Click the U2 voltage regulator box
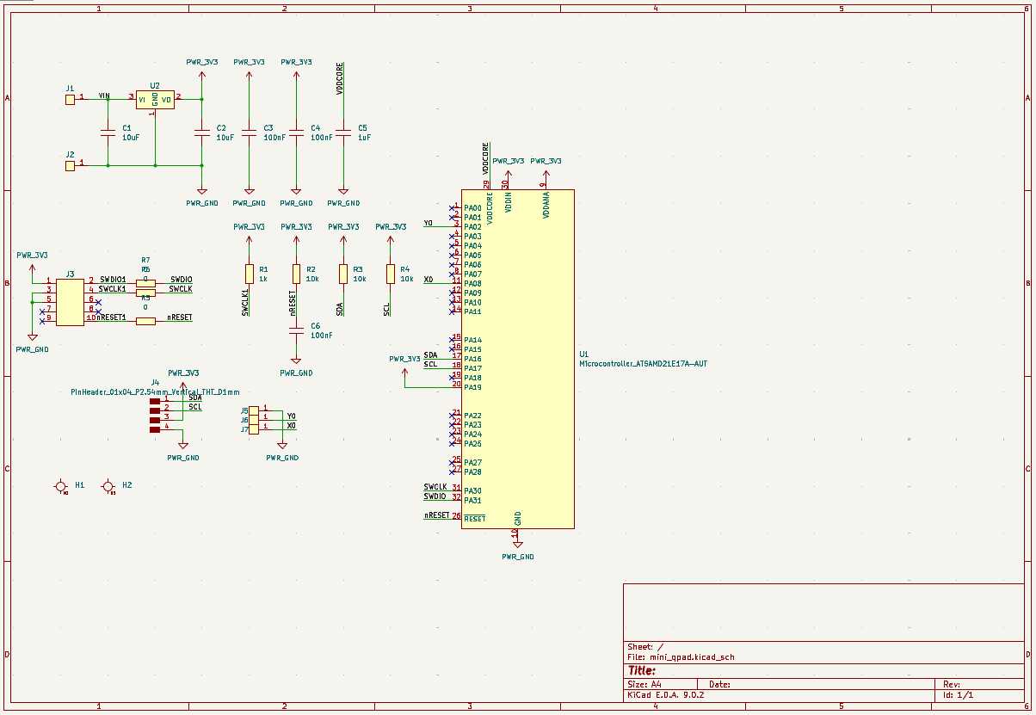click(x=155, y=100)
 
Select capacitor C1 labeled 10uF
click(x=108, y=133)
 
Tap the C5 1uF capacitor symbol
click(x=343, y=133)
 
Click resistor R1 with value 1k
click(x=250, y=274)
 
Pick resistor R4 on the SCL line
click(x=391, y=274)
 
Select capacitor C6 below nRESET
click(x=296, y=331)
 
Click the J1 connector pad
click(x=70, y=100)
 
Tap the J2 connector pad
click(x=70, y=163)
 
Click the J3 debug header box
click(x=70, y=299)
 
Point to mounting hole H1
click(x=61, y=487)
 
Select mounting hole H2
click(x=108, y=487)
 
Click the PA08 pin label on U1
click(x=472, y=283)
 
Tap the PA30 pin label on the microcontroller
click(x=472, y=490)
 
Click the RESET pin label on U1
click(x=475, y=519)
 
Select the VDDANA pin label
click(x=546, y=206)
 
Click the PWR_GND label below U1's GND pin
click(x=518, y=557)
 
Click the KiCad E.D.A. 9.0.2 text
click(x=666, y=695)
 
